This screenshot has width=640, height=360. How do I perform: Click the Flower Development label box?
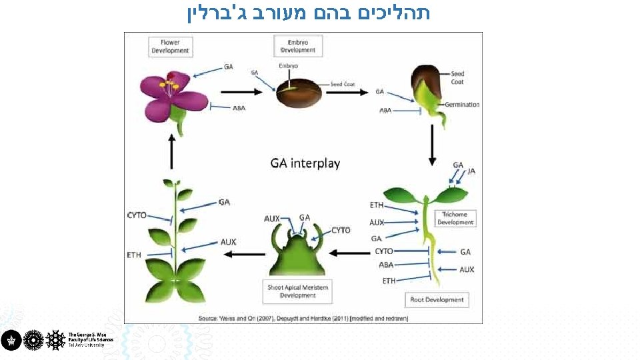[x=170, y=47]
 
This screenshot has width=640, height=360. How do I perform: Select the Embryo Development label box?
[x=298, y=47]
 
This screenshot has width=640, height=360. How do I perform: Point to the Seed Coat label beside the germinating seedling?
[x=457, y=78]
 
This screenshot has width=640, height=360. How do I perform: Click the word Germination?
[x=462, y=105]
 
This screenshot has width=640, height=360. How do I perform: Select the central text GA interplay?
[x=305, y=163]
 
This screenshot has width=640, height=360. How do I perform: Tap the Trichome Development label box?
[x=455, y=218]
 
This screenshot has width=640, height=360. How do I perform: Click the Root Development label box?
[x=437, y=299]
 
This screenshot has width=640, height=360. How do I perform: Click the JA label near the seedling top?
[x=471, y=171]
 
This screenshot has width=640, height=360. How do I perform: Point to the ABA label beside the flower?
[x=239, y=108]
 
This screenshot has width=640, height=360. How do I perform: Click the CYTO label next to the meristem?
[x=341, y=230]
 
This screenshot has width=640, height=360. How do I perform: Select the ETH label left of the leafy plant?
[x=134, y=255]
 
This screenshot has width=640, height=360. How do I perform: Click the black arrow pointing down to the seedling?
[x=432, y=145]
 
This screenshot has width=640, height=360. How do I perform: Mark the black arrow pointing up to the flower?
[x=171, y=152]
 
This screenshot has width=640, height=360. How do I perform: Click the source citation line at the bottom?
[x=303, y=319]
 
